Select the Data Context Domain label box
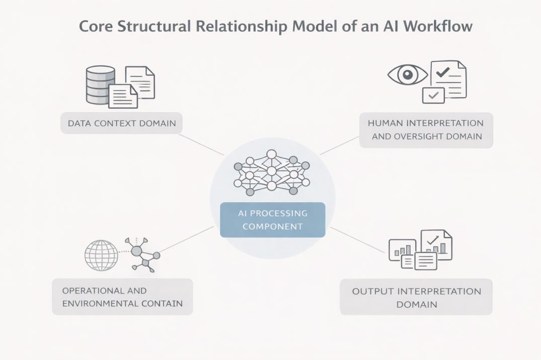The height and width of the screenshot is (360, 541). pos(121,123)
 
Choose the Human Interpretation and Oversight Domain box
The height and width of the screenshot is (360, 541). pos(426,130)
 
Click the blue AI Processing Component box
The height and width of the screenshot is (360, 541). pos(272,220)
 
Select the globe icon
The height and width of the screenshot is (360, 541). pos(101,255)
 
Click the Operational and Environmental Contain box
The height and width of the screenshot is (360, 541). pos(122,297)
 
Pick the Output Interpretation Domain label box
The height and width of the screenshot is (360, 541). pos(416,298)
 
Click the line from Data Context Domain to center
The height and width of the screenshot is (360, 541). pos(201,144)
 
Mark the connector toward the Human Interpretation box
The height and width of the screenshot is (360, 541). pos(340,145)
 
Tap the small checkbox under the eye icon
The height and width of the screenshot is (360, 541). pos(433,95)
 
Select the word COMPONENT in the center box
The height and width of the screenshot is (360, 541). pos(272,226)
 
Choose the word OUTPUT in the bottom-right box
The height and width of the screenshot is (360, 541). pos(372,291)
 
